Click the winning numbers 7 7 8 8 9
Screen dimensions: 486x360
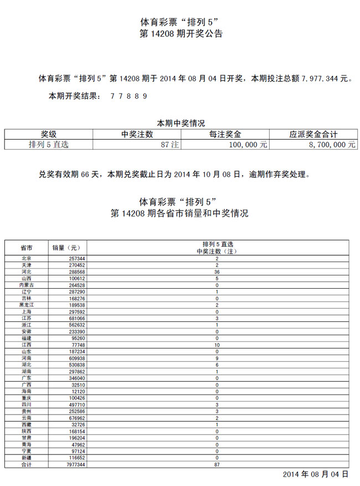(x=128, y=96)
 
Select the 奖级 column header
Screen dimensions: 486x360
(x=49, y=134)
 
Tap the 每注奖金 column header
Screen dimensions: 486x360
(x=225, y=134)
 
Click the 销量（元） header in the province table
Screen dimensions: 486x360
(x=66, y=248)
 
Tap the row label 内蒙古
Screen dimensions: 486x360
(x=26, y=285)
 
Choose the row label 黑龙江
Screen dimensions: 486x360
(x=26, y=305)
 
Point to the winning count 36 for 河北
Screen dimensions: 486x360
(x=218, y=272)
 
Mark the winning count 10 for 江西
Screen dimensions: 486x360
(x=218, y=345)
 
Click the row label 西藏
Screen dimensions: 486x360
(x=26, y=424)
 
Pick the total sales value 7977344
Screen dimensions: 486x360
(x=74, y=464)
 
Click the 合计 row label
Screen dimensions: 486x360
(x=26, y=464)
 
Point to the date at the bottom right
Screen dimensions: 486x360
(x=316, y=474)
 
